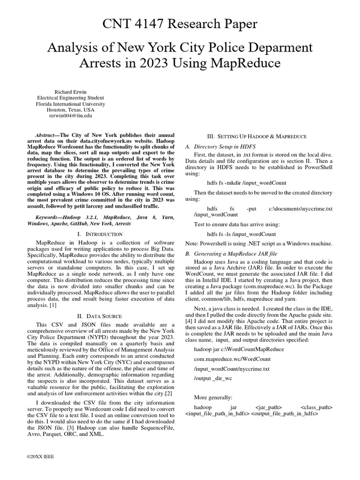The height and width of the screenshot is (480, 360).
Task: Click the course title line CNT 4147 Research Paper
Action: tap(180, 24)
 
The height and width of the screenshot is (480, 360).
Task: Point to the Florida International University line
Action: tap(71, 104)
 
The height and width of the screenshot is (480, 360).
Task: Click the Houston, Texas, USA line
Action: tap(71, 109)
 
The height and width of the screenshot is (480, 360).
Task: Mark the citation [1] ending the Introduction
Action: tap(53, 304)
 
